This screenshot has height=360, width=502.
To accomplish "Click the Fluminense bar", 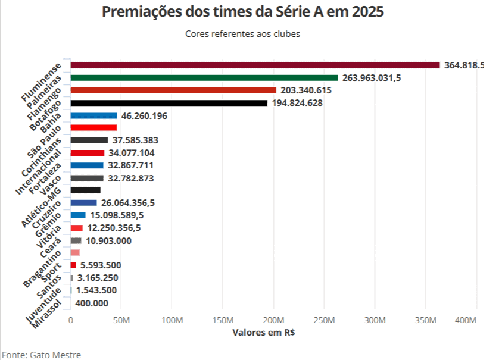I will click(x=255, y=65).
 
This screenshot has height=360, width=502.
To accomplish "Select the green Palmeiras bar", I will click(x=204, y=78).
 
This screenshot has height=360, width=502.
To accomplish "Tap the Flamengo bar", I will click(x=173, y=90).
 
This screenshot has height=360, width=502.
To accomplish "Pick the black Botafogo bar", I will click(x=169, y=103).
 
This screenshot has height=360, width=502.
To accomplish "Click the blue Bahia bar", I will click(x=93, y=115).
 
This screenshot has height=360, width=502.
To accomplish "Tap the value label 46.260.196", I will click(x=144, y=115).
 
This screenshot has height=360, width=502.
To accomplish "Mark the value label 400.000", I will click(x=92, y=303).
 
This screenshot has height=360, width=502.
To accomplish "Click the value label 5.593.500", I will click(x=101, y=265).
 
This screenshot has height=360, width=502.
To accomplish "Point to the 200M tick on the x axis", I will click(x=273, y=321).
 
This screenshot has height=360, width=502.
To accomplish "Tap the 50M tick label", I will click(x=121, y=321).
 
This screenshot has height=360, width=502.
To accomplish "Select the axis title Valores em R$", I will click(x=264, y=333).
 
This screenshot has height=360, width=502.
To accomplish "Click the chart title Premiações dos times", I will click(x=243, y=12).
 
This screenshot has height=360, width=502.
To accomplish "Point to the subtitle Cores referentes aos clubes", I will click(x=243, y=34).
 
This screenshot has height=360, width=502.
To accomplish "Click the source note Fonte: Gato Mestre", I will click(x=40, y=355).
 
